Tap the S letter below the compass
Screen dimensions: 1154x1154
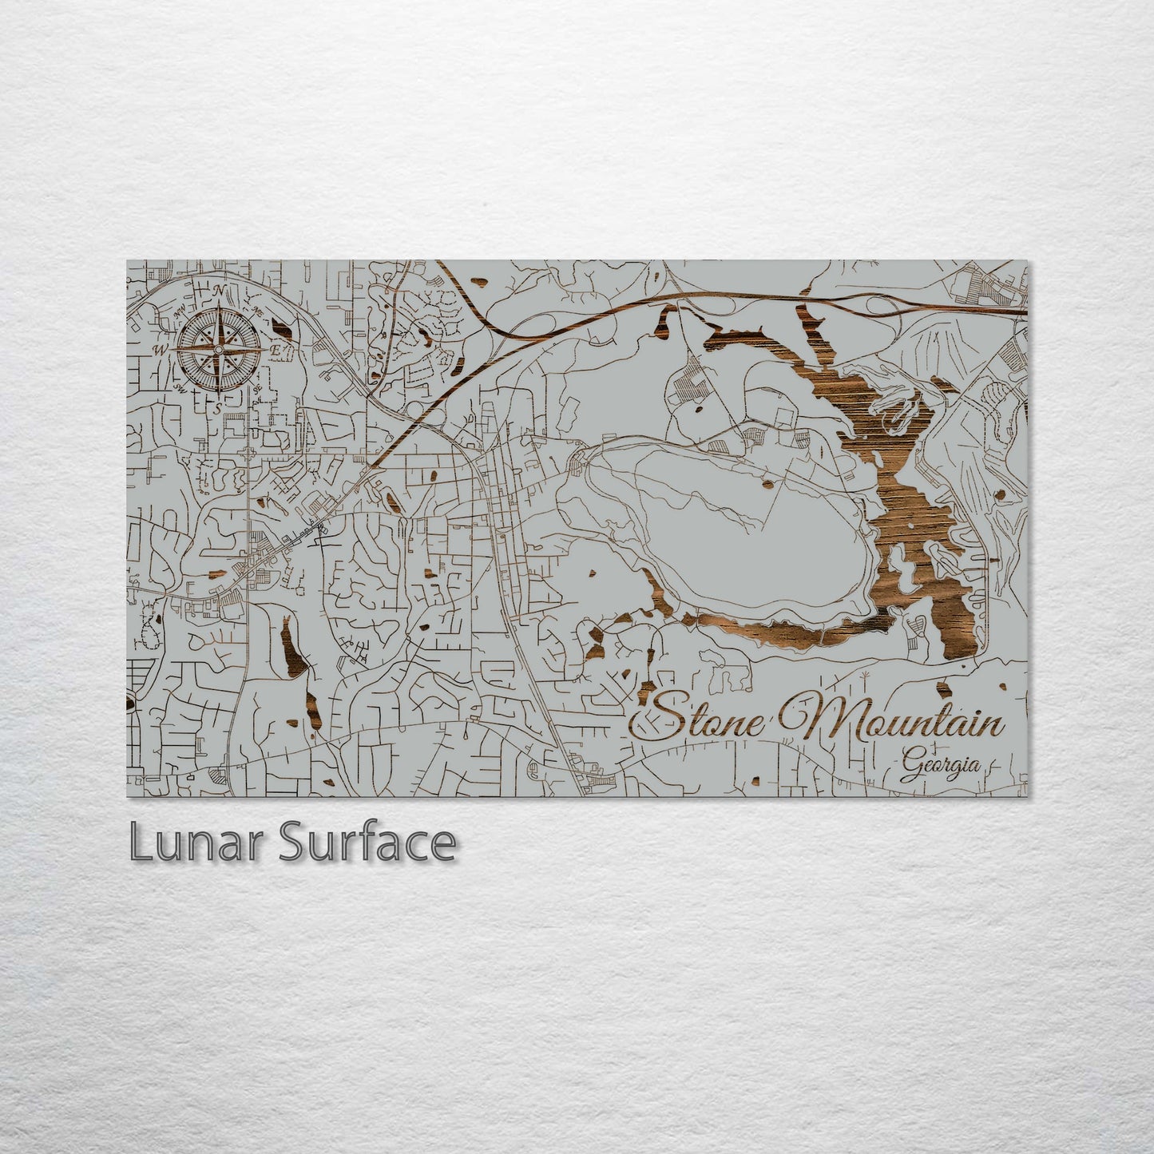coord(216,407)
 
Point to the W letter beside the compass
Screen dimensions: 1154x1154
coord(161,350)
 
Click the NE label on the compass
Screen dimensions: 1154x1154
coord(256,310)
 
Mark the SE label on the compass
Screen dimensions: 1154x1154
coord(257,389)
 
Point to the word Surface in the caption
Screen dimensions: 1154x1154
coord(367,843)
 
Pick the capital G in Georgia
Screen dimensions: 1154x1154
coord(908,768)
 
